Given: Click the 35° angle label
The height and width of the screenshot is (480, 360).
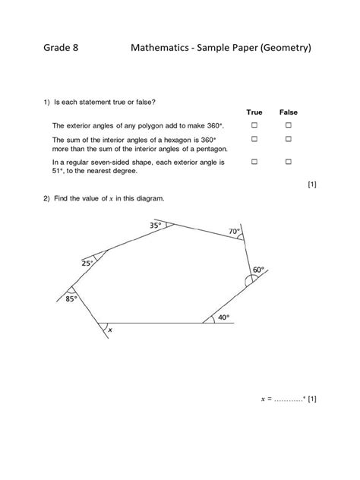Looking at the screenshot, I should (x=156, y=226).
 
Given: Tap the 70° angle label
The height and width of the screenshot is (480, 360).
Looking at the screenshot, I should (x=234, y=232).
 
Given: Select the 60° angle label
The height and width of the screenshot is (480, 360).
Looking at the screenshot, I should (x=258, y=270).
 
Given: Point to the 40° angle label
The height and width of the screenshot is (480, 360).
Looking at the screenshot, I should (x=223, y=317).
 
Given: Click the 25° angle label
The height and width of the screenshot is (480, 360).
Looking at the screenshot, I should (x=87, y=263).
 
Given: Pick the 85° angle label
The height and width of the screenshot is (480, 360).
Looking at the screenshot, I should (x=71, y=298).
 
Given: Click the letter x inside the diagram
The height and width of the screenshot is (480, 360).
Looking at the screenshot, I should (x=110, y=330).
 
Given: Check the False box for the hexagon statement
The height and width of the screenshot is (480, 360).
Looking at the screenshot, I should (x=289, y=140).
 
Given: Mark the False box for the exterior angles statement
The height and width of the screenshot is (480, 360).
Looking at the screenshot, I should (x=289, y=125).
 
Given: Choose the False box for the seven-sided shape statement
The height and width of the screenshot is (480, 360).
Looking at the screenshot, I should (x=289, y=162).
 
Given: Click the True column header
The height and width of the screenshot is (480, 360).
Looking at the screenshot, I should (x=254, y=112).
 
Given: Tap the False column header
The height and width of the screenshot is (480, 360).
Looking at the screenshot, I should (x=289, y=112).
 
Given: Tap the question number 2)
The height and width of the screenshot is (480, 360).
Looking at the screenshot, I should (x=47, y=199).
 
